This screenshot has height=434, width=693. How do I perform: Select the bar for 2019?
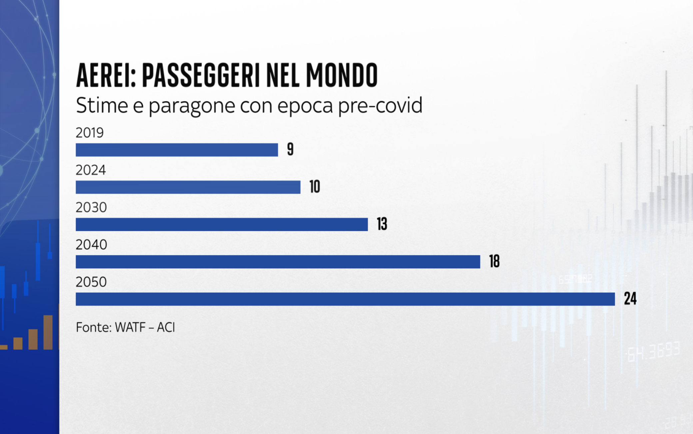pyautogui.click(x=177, y=150)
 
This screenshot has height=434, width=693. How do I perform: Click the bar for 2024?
pyautogui.click(x=188, y=187)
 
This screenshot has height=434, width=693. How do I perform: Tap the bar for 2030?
pyautogui.click(x=222, y=224)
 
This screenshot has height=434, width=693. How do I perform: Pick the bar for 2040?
pyautogui.click(x=278, y=262)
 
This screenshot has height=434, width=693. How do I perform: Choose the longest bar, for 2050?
pyautogui.click(x=345, y=299)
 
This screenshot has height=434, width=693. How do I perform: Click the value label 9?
pyautogui.click(x=290, y=149)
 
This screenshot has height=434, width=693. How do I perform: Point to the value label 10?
pyautogui.click(x=315, y=186)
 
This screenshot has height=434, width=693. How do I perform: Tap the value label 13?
pyautogui.click(x=382, y=224)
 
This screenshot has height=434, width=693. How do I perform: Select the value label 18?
pyautogui.click(x=494, y=261)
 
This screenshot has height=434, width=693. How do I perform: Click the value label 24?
pyautogui.click(x=630, y=298)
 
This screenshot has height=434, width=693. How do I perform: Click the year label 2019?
pyautogui.click(x=90, y=133)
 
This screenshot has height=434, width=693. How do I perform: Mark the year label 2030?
pyautogui.click(x=91, y=207)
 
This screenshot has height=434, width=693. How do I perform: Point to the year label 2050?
pyautogui.click(x=91, y=282)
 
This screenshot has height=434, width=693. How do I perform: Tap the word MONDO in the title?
pyautogui.click(x=342, y=75)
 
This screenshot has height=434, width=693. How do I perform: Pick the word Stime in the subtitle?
pyautogui.click(x=102, y=105)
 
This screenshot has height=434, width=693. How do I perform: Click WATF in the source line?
pyautogui.click(x=130, y=327)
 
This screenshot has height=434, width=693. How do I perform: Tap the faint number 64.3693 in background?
pyautogui.click(x=653, y=352)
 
